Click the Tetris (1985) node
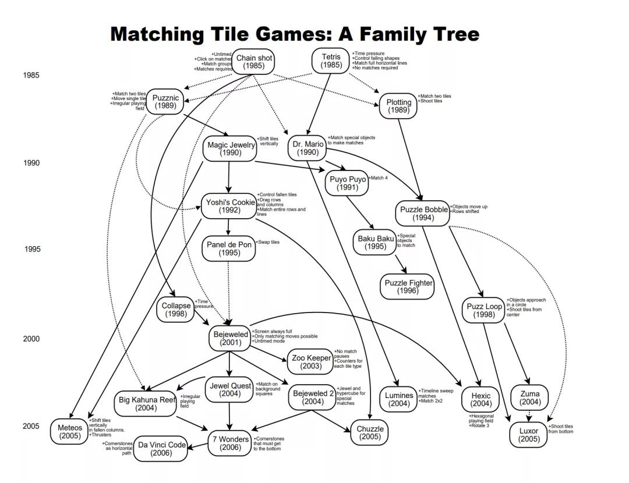(x=331, y=61)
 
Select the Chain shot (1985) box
(x=254, y=62)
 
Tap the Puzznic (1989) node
(x=165, y=102)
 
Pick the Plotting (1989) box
(x=398, y=106)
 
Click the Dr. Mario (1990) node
(x=308, y=148)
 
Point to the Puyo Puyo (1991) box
(x=348, y=183)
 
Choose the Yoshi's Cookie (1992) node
(x=229, y=206)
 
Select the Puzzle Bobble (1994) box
(x=423, y=213)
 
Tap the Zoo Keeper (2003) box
(x=311, y=362)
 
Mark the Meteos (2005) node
(x=70, y=432)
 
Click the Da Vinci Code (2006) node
(x=161, y=449)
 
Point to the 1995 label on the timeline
(x=33, y=249)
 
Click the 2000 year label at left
(x=31, y=339)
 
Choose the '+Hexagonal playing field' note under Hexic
(x=481, y=418)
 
